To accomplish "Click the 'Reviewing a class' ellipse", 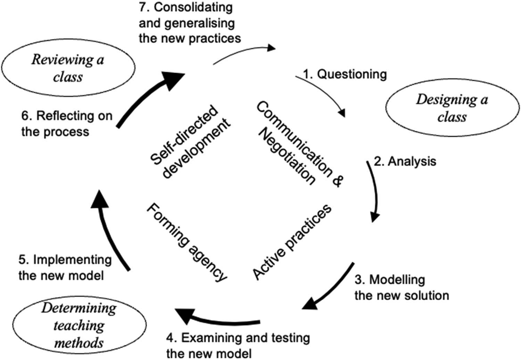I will click(x=68, y=68).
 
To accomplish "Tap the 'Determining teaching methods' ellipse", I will click(x=79, y=325).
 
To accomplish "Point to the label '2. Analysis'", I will click(x=405, y=161).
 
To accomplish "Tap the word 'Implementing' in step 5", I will click(x=72, y=260).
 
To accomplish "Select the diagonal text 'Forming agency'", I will click(x=186, y=242).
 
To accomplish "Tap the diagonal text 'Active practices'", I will click(x=292, y=242).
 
